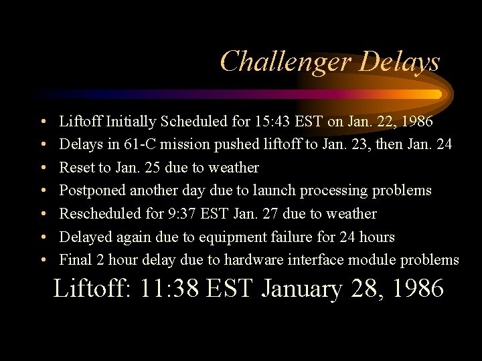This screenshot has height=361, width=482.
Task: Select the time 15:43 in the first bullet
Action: coord(272,122)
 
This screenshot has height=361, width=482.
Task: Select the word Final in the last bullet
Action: coord(74,259)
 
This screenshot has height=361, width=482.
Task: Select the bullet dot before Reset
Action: coord(42,168)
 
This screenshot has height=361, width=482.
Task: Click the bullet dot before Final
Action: coord(42,260)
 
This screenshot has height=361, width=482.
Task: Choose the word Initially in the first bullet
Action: coord(132,122)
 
